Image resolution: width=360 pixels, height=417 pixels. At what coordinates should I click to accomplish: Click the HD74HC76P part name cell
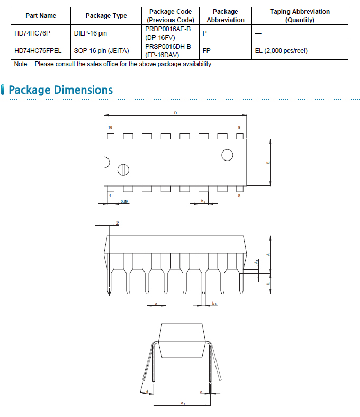pyautogui.click(x=32, y=33)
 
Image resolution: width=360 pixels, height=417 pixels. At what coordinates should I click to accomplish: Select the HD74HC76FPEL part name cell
pyautogui.click(x=38, y=51)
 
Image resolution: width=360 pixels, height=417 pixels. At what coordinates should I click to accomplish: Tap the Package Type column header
pyautogui.click(x=106, y=16)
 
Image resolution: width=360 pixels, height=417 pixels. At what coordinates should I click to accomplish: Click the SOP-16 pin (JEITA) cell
pyautogui.click(x=101, y=51)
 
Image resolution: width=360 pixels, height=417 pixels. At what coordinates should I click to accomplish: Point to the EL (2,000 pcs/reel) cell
pyautogui.click(x=281, y=51)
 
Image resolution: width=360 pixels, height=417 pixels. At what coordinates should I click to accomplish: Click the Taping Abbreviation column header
pyautogui.click(x=300, y=16)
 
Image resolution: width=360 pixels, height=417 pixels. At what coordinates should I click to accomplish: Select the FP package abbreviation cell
pyautogui.click(x=206, y=51)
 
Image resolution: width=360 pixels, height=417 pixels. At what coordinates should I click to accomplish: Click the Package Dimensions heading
pyautogui.click(x=60, y=90)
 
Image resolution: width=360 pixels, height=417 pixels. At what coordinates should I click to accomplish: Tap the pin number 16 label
pyautogui.click(x=110, y=127)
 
